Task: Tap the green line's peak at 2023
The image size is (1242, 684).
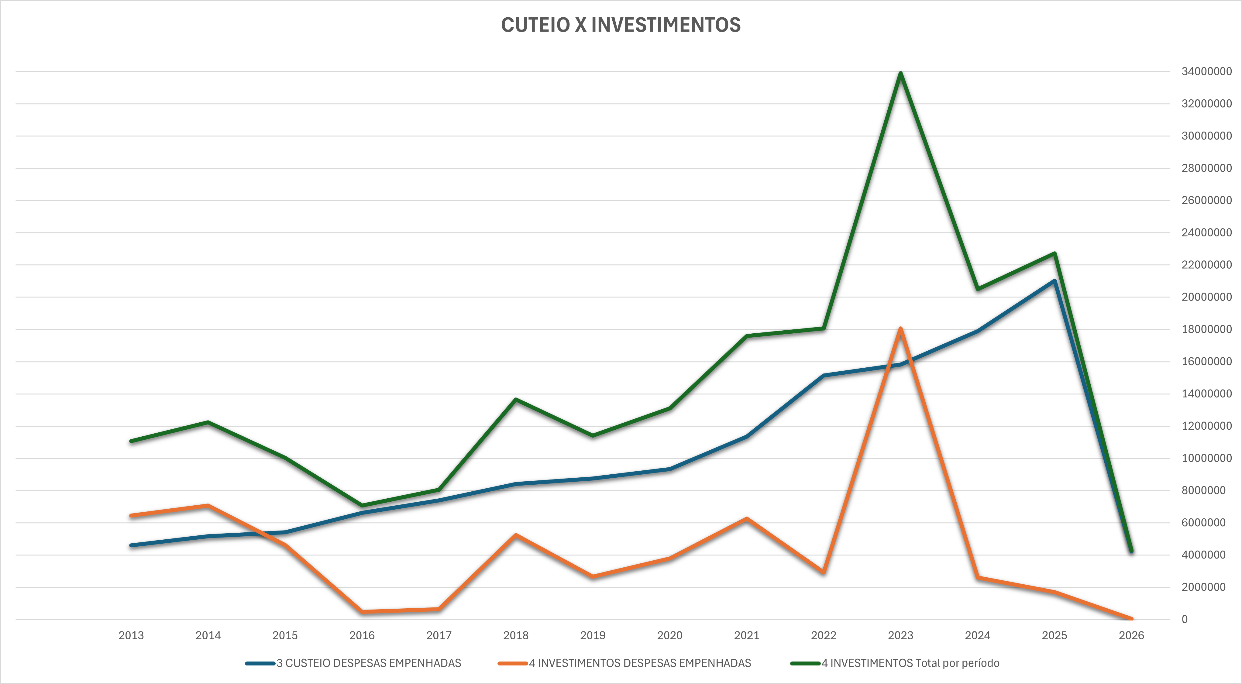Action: [x=901, y=73]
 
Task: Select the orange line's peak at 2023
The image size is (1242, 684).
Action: [x=901, y=329]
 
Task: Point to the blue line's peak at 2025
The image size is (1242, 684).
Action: [x=1054, y=281]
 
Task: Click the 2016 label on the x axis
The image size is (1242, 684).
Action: [x=362, y=635]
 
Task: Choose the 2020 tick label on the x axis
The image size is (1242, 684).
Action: [x=670, y=635]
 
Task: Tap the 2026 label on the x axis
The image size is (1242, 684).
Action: [x=1131, y=635]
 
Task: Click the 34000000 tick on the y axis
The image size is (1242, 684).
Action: [x=1206, y=71]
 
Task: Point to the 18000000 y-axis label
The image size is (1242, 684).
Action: [x=1206, y=329]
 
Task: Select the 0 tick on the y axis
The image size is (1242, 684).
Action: [x=1184, y=619]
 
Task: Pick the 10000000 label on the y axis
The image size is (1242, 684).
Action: [x=1206, y=458]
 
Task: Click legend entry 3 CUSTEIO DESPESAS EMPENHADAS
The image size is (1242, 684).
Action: [x=368, y=663]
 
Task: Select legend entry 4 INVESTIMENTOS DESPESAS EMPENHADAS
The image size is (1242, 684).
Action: [x=640, y=663]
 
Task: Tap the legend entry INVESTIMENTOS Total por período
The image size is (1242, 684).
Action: [x=910, y=663]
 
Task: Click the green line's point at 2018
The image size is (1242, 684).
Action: [x=516, y=400]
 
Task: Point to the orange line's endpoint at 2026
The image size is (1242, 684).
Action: [x=1131, y=618]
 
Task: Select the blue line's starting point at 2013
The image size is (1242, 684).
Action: [x=131, y=545]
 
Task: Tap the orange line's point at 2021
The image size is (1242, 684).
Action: [x=746, y=519]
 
